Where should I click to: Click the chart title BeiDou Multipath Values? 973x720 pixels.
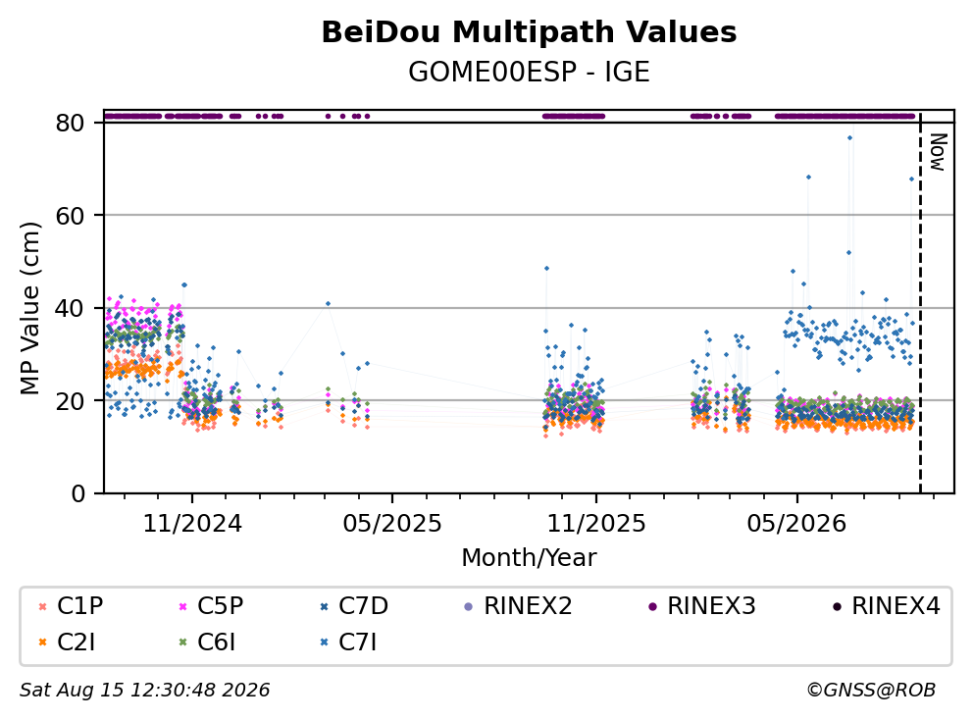point(529,32)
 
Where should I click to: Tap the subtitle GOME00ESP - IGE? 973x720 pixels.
point(529,73)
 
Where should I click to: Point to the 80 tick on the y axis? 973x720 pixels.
point(70,123)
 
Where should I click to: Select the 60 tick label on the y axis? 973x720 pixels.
point(70,216)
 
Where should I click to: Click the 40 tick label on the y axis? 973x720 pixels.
point(70,308)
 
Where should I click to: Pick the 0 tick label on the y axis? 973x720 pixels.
point(78,493)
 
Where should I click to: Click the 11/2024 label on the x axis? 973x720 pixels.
point(192,524)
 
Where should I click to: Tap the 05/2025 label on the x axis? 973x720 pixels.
point(392,524)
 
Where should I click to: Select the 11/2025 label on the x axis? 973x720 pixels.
point(595,524)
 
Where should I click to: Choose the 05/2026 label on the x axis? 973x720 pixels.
point(796,524)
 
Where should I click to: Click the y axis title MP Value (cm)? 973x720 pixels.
point(29,308)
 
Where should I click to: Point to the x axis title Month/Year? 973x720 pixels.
point(529,557)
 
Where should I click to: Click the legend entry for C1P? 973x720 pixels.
point(71,606)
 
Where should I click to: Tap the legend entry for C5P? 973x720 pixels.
point(211,606)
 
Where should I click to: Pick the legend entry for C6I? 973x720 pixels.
point(207,643)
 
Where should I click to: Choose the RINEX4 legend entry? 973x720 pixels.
point(886,606)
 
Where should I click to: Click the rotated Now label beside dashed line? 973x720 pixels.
point(938,152)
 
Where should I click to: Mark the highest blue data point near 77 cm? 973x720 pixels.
point(849,137)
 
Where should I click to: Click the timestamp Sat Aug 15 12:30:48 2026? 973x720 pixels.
point(145,690)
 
